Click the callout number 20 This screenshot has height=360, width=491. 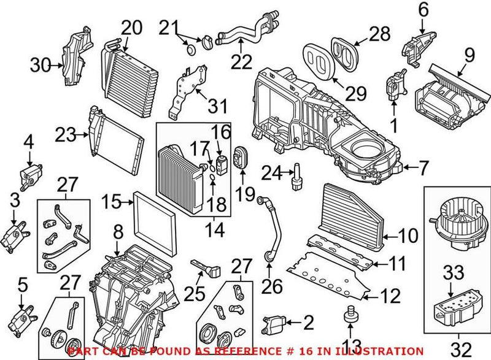pos(131,28)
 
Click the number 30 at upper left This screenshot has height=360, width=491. pos(41,64)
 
